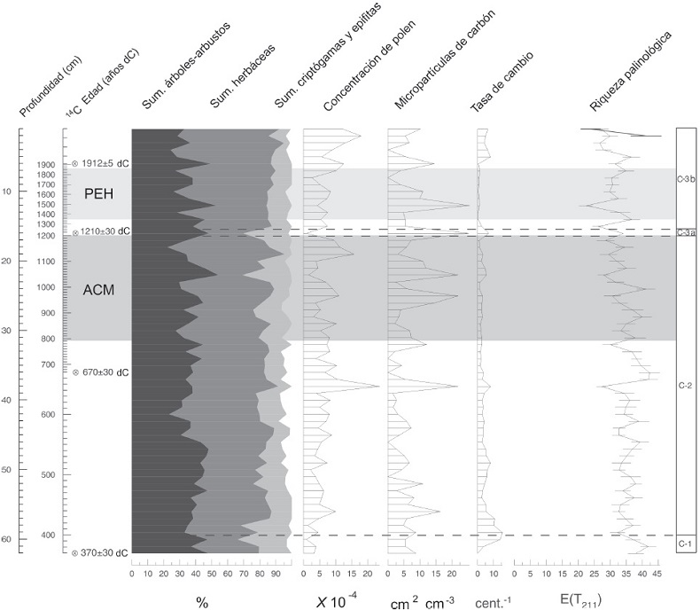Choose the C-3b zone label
tap(685, 178)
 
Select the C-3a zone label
tap(685, 232)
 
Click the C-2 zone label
tap(685, 386)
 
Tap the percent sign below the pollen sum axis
tap(202, 602)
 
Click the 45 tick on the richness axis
tap(658, 574)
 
